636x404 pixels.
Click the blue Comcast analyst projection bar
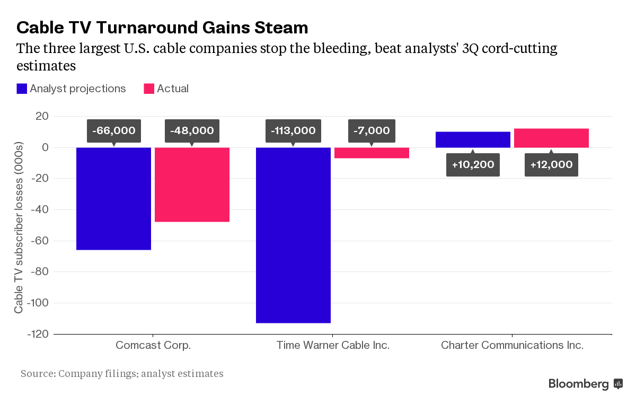113,198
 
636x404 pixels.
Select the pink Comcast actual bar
192,185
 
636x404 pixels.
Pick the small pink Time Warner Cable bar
372,153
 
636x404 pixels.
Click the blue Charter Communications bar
473,139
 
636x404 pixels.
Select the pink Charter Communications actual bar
551,138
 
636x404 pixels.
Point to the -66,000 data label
113,130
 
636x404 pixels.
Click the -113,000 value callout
293,130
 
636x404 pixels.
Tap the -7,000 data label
372,130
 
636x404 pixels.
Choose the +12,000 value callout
551,164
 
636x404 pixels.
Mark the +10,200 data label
473,164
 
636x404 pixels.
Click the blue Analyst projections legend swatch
22,89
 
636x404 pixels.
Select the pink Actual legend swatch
149,89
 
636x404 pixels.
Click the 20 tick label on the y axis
42,116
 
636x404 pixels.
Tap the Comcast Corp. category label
153,346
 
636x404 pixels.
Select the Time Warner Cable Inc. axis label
333,346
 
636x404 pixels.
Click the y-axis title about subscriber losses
19,227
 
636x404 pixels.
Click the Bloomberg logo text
579,384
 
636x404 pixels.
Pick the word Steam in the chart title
282,27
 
